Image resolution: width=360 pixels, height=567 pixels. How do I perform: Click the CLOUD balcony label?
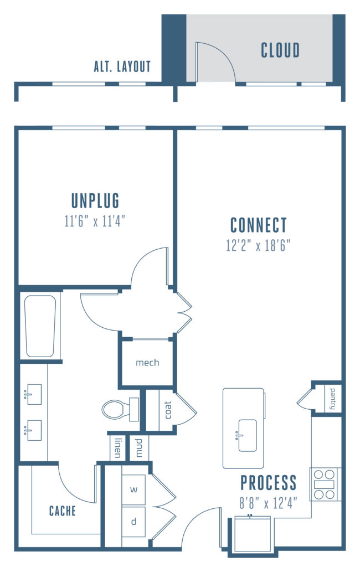click(280, 50)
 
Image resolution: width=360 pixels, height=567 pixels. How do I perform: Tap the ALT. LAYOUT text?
click(122, 67)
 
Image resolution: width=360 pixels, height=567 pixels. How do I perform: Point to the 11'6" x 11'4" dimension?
click(95, 221)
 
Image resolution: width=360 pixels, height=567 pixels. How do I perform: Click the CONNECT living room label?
click(259, 225)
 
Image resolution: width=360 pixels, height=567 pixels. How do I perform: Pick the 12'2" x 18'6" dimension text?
click(259, 245)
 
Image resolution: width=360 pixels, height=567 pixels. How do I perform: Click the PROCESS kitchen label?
click(268, 483)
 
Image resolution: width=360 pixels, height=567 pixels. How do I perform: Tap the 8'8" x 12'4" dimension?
click(268, 504)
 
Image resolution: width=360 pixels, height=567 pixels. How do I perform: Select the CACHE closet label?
click(62, 511)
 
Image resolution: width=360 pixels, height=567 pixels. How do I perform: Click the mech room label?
click(147, 363)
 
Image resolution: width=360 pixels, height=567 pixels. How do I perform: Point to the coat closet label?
click(168, 410)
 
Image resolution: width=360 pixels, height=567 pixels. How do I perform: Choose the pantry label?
click(332, 399)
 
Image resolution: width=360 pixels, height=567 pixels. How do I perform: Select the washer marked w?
click(133, 489)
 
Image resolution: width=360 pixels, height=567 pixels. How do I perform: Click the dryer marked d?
click(133, 522)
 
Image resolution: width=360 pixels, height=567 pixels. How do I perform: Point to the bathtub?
click(40, 326)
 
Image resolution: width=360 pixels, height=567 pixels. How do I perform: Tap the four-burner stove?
click(325, 484)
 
